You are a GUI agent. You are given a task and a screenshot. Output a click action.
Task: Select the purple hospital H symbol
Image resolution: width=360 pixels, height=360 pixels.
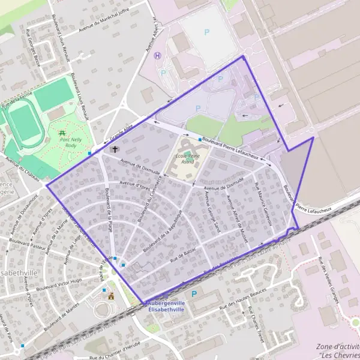tap(158, 55)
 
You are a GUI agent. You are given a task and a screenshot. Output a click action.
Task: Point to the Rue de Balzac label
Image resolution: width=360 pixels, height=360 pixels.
tap(183, 259)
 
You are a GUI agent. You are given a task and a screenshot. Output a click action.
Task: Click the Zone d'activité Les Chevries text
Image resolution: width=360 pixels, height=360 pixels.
tap(337, 350)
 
